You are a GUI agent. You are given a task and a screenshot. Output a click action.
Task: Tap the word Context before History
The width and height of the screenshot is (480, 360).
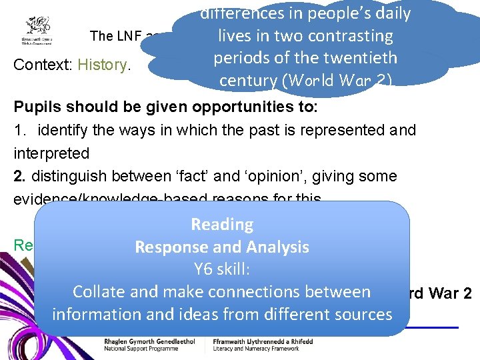43,65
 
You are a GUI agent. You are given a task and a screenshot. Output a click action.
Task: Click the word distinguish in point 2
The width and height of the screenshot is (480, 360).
67,177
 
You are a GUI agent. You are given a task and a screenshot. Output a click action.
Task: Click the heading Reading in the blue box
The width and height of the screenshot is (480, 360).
221,225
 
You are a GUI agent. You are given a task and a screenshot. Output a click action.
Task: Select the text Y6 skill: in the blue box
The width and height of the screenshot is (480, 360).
221,269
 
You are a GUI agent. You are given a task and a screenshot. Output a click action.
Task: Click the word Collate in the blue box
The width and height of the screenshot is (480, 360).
101,292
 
